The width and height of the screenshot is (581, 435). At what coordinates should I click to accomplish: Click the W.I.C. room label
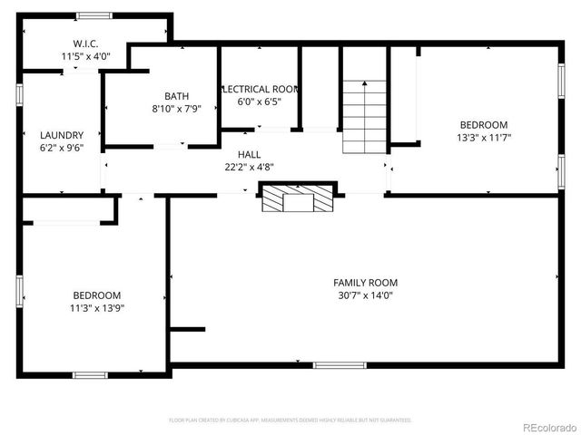(x=86, y=43)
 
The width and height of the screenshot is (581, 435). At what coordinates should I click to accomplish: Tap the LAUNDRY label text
(x=62, y=135)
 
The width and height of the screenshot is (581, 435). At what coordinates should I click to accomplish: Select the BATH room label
(x=176, y=96)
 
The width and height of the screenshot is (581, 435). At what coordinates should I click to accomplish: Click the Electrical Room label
(x=260, y=89)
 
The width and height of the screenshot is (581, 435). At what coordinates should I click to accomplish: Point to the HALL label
(x=250, y=155)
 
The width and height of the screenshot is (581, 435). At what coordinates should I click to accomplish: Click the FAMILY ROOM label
(x=365, y=283)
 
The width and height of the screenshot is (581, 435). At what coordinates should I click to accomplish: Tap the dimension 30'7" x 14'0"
(x=365, y=295)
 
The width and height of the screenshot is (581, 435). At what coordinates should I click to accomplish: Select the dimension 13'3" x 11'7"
(x=484, y=138)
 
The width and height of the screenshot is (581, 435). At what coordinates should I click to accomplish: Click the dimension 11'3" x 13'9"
(x=97, y=308)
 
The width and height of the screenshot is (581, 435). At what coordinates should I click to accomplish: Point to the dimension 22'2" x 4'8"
(x=250, y=167)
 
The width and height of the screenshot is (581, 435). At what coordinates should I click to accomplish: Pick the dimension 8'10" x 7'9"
(x=176, y=109)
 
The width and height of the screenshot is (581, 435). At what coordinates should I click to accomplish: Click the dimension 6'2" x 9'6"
(x=62, y=148)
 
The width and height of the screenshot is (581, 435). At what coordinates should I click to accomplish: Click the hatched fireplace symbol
(x=299, y=197)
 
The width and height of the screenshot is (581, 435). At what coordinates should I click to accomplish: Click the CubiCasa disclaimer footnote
(x=290, y=420)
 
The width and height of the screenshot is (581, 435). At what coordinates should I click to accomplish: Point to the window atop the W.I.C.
(x=94, y=15)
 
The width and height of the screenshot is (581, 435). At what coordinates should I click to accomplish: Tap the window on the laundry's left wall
(x=19, y=95)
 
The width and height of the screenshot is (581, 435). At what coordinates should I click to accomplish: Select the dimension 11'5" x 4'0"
(x=86, y=56)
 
